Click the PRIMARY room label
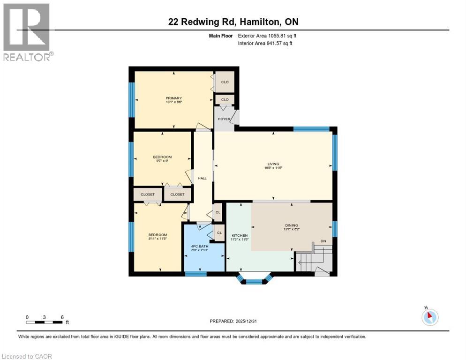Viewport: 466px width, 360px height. tap(173, 98)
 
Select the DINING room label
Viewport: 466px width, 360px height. tap(292, 225)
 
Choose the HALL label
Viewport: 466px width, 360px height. tap(202, 178)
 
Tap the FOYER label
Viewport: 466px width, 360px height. tap(224, 119)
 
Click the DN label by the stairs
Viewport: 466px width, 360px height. tap(323, 241)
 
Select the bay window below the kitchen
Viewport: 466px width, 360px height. tap(254, 280)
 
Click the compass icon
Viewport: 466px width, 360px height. tap(429, 317)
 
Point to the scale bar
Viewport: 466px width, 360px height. tap(45, 322)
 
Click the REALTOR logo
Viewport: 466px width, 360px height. tap(27, 32)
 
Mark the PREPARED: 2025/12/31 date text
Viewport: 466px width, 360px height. tap(233, 321)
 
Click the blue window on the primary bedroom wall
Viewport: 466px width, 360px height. tap(132, 100)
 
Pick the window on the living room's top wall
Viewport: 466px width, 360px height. tap(311, 128)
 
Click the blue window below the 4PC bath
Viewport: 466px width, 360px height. tap(196, 274)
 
